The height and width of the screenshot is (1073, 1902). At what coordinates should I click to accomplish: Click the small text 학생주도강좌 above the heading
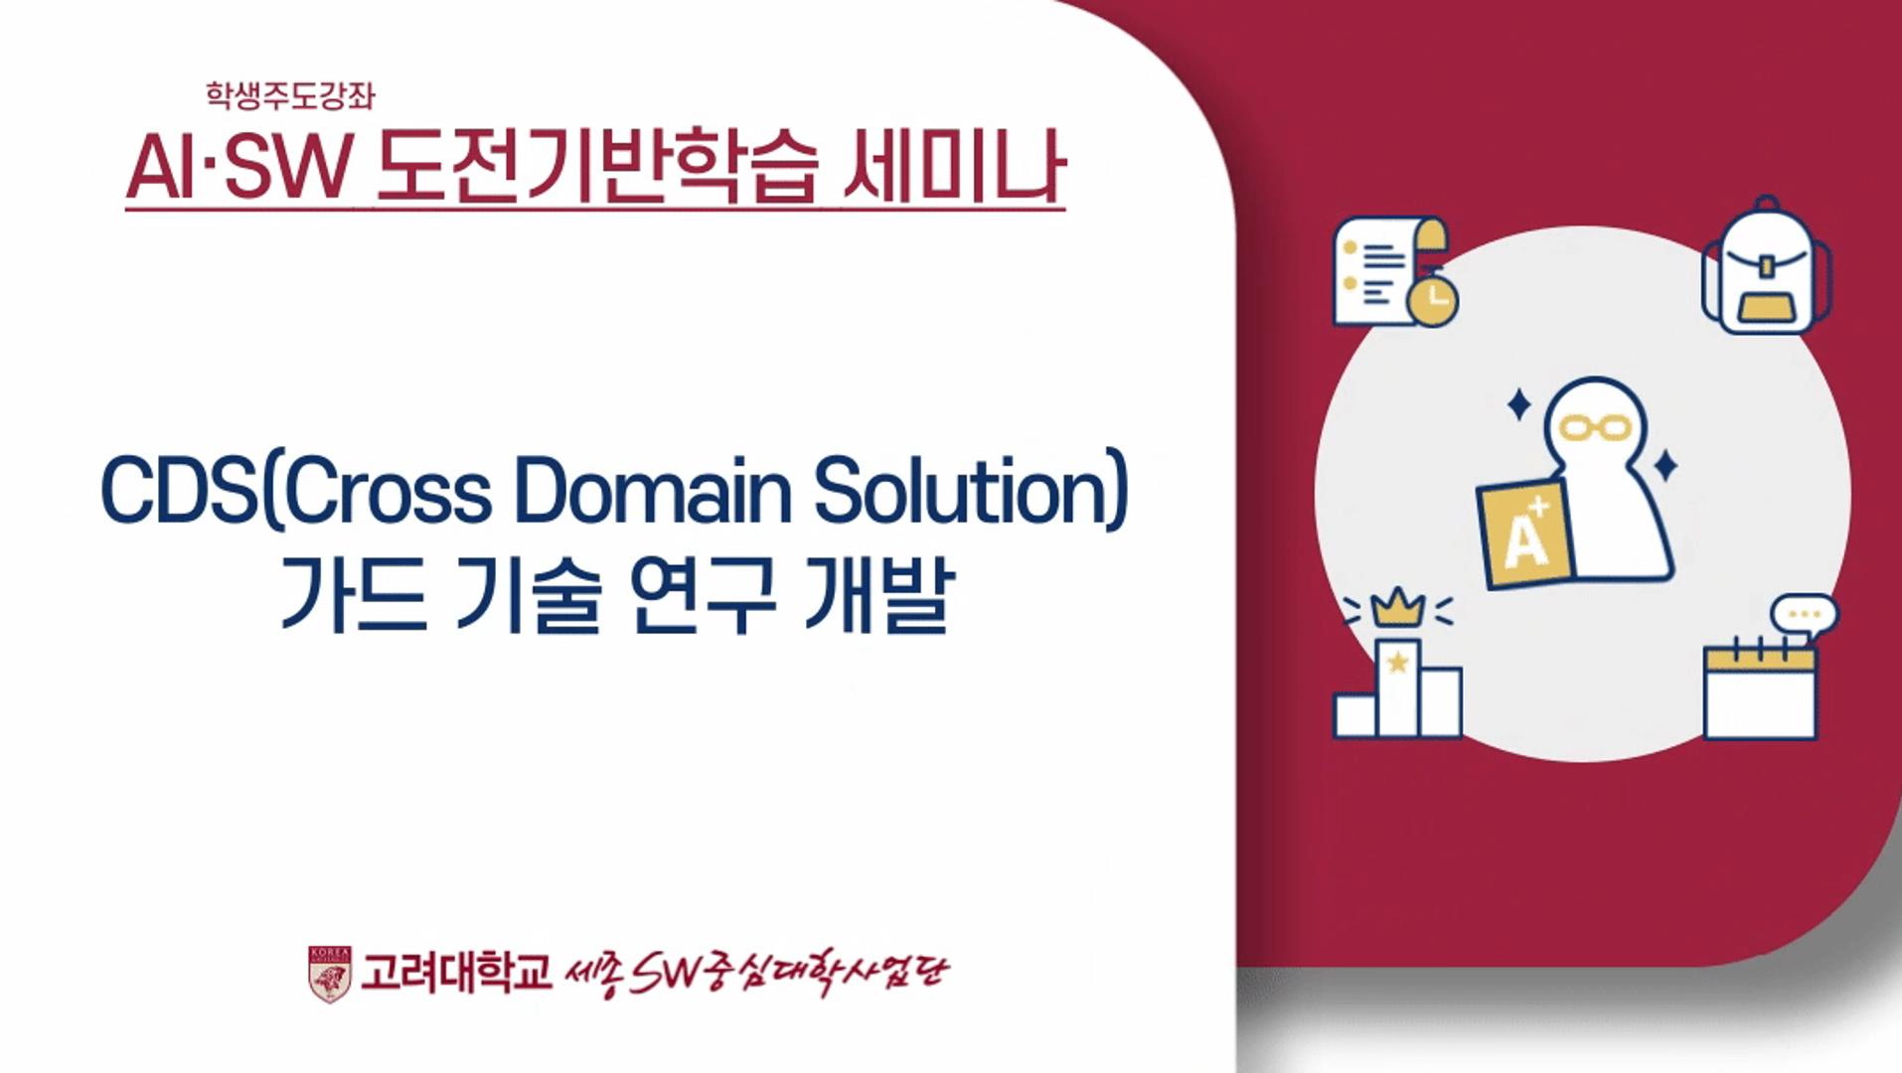[290, 95]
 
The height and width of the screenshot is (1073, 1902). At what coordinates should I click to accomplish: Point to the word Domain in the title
[652, 490]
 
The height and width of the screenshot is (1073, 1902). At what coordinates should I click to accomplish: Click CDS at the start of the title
[180, 490]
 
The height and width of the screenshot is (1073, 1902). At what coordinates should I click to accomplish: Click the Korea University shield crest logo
[329, 973]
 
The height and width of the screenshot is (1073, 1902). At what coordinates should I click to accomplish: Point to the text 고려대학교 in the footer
[455, 973]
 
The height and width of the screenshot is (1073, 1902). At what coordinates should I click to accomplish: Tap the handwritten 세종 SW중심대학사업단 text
[755, 973]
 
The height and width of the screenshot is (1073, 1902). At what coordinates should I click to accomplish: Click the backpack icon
[1766, 268]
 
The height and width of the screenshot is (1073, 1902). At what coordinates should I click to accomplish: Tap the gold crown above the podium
[1398, 607]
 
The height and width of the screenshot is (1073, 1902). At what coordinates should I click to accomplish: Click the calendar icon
[1760, 690]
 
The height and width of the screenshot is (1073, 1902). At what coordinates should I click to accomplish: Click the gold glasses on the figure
[1595, 428]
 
